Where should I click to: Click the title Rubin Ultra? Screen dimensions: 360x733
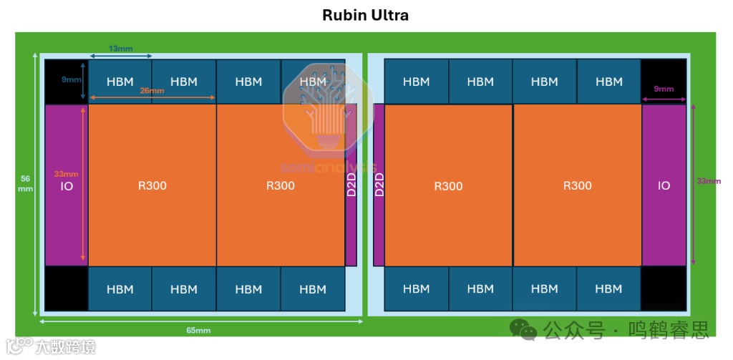(366, 15)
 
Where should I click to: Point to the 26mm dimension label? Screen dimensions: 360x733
(152, 91)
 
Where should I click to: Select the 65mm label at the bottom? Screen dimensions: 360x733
(198, 330)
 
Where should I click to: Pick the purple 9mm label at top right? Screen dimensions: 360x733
(664, 89)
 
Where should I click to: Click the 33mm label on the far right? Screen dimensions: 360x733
(709, 181)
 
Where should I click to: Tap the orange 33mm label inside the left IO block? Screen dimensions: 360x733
(66, 173)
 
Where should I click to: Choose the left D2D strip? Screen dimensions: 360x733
(351, 185)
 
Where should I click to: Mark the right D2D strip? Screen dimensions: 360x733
(379, 185)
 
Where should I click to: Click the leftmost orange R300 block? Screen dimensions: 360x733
(152, 185)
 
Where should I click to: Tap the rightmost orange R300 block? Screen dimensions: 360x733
(577, 185)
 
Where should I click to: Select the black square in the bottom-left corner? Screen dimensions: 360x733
(66, 288)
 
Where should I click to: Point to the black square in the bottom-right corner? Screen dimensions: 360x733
(664, 288)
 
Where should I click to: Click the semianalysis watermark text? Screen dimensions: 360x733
(327, 167)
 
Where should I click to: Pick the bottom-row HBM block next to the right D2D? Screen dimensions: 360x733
(416, 288)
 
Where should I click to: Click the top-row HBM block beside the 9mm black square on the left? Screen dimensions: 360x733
(120, 82)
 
